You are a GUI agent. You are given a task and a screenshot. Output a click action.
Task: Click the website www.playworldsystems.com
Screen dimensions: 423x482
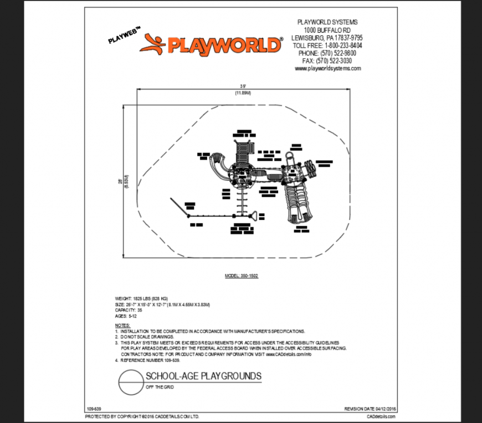click(x=327, y=69)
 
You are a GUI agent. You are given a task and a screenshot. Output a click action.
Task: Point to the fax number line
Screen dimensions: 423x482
click(x=327, y=61)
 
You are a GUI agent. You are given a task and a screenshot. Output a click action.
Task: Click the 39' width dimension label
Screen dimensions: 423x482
click(x=243, y=86)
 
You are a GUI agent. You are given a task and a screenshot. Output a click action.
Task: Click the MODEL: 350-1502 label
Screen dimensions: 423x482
click(x=241, y=276)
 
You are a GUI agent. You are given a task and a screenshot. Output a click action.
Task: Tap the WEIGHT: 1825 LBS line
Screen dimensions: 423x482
click(x=142, y=299)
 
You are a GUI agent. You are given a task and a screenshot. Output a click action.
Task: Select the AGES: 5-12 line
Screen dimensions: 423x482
click(x=126, y=316)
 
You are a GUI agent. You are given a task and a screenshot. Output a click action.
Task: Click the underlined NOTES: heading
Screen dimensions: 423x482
click(x=122, y=325)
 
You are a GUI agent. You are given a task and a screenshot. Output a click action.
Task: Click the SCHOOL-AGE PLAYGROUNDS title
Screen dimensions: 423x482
click(x=203, y=376)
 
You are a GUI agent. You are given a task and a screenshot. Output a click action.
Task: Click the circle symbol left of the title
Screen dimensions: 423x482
click(x=130, y=382)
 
